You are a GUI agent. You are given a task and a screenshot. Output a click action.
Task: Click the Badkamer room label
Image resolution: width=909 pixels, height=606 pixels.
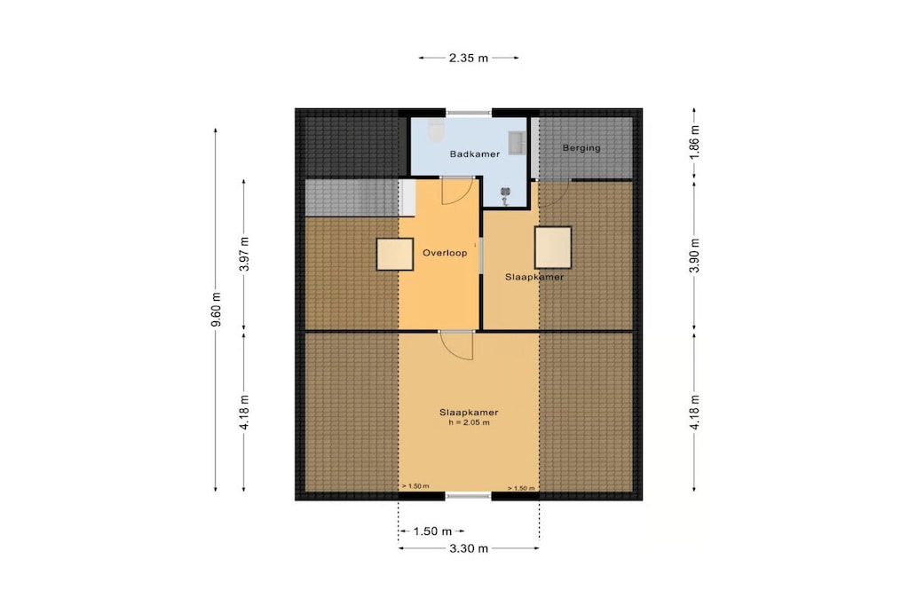[x=475, y=154]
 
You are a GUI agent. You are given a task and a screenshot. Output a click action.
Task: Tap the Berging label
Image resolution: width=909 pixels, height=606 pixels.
[x=581, y=148]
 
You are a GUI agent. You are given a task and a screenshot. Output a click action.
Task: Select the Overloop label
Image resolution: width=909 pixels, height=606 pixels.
[x=445, y=253]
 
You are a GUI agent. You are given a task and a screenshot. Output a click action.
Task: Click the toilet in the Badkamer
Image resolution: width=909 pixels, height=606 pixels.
[x=435, y=131]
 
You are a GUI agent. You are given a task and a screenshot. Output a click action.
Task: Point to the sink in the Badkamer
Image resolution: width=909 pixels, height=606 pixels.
[x=517, y=143]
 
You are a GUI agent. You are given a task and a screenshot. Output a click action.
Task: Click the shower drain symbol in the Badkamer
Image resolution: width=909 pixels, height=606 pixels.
[x=505, y=196]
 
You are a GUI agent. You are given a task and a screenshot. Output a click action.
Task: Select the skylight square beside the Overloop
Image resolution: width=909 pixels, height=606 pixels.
[x=395, y=254]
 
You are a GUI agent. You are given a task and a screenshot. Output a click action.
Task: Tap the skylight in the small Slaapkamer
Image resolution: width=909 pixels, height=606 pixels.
[x=553, y=248]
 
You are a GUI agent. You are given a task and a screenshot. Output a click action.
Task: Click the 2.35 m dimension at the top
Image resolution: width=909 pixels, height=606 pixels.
[x=469, y=58]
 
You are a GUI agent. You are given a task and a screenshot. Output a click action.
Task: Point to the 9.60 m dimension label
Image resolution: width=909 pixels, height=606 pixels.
[x=216, y=310]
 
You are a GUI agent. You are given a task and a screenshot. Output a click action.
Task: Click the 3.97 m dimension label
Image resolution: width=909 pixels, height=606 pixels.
[x=244, y=254]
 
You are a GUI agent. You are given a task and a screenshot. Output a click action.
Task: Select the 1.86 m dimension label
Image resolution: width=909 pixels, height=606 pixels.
[x=695, y=143]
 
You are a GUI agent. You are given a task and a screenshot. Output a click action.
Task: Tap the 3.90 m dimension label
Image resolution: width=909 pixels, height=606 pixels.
[x=695, y=255]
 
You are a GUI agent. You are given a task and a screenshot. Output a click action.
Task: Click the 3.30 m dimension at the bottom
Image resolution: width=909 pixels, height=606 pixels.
[x=469, y=548]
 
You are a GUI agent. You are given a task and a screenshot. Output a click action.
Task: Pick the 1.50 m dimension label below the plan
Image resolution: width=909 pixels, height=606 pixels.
[x=432, y=531]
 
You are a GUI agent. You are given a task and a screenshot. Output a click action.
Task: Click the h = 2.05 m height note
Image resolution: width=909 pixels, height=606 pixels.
[x=469, y=423]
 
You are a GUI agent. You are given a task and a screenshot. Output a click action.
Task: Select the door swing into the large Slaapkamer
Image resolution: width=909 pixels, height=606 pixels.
[x=456, y=345]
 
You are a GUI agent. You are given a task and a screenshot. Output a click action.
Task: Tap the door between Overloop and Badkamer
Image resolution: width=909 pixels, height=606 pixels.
[x=455, y=191]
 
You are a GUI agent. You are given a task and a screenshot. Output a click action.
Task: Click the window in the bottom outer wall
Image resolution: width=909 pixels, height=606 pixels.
[x=469, y=496]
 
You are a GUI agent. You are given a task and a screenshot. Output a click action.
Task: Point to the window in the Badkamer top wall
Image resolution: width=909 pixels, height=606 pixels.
[x=469, y=113]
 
